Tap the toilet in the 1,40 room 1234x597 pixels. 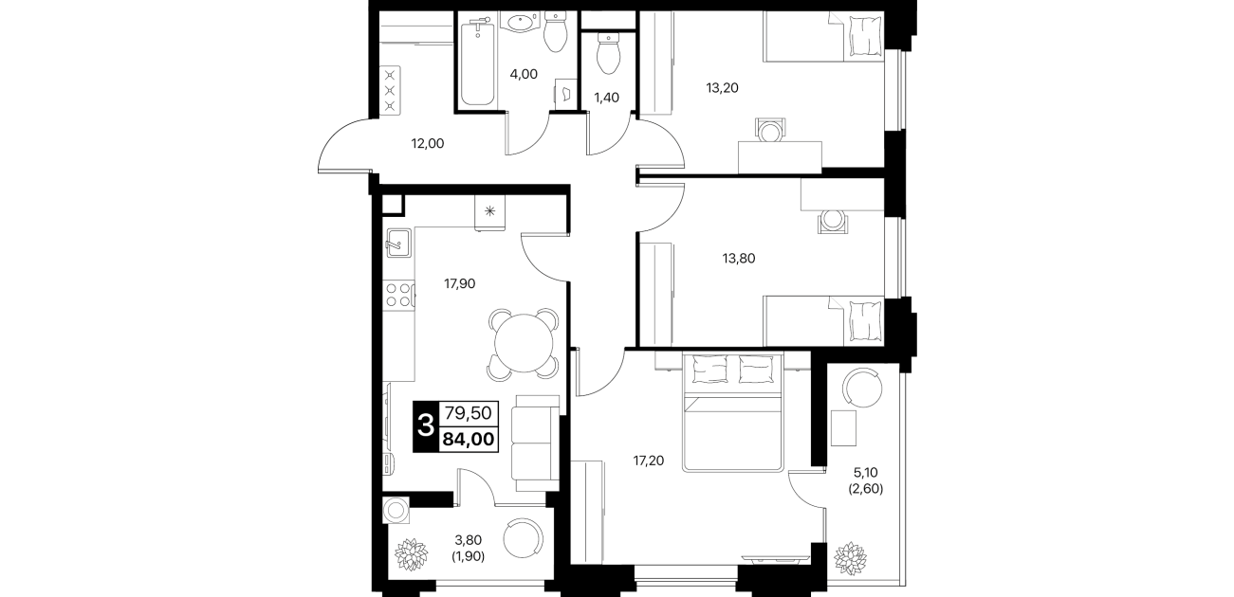click(x=608, y=54)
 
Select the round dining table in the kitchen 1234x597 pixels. click(x=524, y=343)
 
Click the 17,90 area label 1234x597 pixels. click(x=459, y=284)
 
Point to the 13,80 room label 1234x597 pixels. click(x=739, y=258)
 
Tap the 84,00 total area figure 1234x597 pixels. click(x=469, y=441)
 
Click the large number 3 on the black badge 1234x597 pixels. click(x=426, y=426)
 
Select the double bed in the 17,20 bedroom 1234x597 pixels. click(x=732, y=412)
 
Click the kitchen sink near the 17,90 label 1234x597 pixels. click(x=397, y=243)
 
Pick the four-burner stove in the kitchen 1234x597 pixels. click(x=399, y=294)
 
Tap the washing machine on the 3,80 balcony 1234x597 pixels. click(x=396, y=510)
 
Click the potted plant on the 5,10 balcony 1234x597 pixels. click(x=850, y=558)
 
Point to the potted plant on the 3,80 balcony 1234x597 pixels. click(x=412, y=554)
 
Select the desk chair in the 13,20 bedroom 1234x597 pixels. click(x=769, y=130)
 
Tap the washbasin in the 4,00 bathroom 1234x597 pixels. click(x=520, y=23)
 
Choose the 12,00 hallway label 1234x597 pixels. click(x=428, y=144)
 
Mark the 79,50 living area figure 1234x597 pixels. click(x=469, y=412)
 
